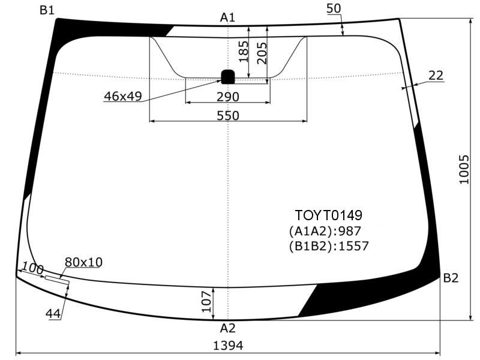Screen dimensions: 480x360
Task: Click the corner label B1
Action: click(47, 10)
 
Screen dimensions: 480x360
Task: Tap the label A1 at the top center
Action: click(227, 17)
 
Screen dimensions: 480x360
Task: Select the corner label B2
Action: click(451, 278)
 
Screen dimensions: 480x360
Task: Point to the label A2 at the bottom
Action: click(227, 328)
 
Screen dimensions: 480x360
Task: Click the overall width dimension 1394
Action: click(228, 346)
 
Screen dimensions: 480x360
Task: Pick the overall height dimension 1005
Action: click(464, 169)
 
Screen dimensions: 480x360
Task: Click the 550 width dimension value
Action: click(228, 115)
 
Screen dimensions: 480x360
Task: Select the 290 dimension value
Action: click(228, 97)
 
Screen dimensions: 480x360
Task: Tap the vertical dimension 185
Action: click(244, 52)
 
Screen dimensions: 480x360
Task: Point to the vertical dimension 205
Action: click(262, 53)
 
